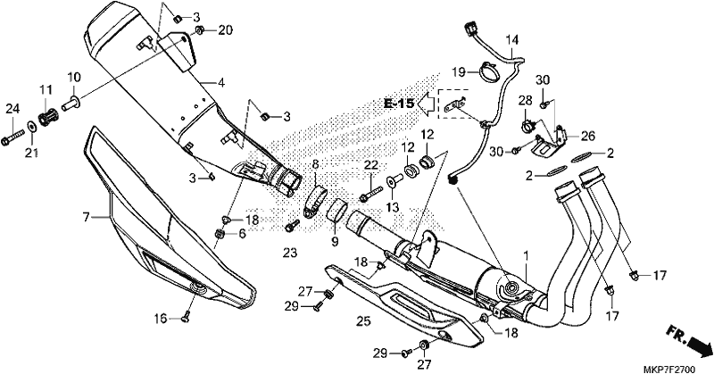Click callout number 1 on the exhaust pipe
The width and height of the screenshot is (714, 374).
coord(527,256)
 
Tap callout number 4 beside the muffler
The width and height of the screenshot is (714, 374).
coord(220,83)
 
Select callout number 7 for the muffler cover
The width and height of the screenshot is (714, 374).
coord(86,217)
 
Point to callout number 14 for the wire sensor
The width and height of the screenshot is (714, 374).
coord(512,39)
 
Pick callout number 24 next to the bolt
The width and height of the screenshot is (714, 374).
coord(12,109)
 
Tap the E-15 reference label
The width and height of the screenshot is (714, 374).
coord(399,104)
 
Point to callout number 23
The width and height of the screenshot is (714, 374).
coord(289,253)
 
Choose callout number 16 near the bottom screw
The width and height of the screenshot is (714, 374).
coord(161,318)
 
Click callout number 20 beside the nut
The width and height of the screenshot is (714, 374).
coord(225,30)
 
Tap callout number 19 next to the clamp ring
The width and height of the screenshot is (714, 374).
coord(456,71)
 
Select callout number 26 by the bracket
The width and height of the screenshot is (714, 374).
coord(587,136)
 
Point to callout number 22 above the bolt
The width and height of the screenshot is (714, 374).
coord(370,164)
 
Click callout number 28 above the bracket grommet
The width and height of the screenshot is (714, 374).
coord(525,99)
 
